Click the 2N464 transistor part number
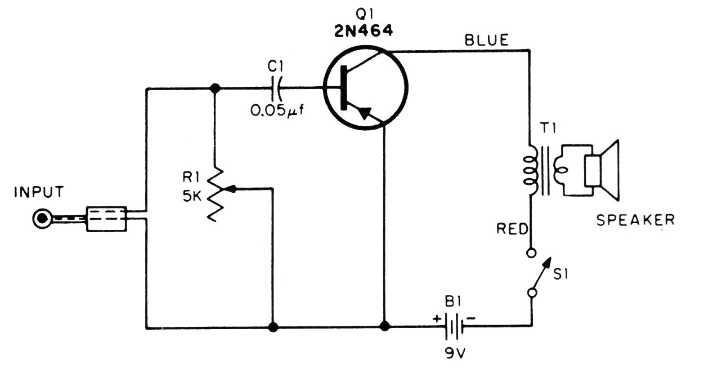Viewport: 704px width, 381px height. [364, 31]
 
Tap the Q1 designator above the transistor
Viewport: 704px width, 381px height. [364, 14]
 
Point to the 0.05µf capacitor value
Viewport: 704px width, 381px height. [277, 110]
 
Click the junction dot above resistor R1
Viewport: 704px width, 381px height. [215, 88]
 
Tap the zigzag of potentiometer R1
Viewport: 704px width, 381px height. [216, 194]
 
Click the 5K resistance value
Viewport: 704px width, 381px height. [192, 197]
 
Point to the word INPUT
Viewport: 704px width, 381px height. [39, 192]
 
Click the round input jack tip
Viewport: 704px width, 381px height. [42, 218]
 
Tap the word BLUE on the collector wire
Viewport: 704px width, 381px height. [487, 41]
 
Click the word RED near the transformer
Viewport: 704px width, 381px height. [512, 229]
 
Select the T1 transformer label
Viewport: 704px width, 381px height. [548, 128]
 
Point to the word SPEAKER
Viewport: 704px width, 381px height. [635, 220]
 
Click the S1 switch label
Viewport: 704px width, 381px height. [560, 274]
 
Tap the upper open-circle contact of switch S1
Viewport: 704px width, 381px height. [531, 253]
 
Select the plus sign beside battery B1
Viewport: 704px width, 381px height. [437, 319]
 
